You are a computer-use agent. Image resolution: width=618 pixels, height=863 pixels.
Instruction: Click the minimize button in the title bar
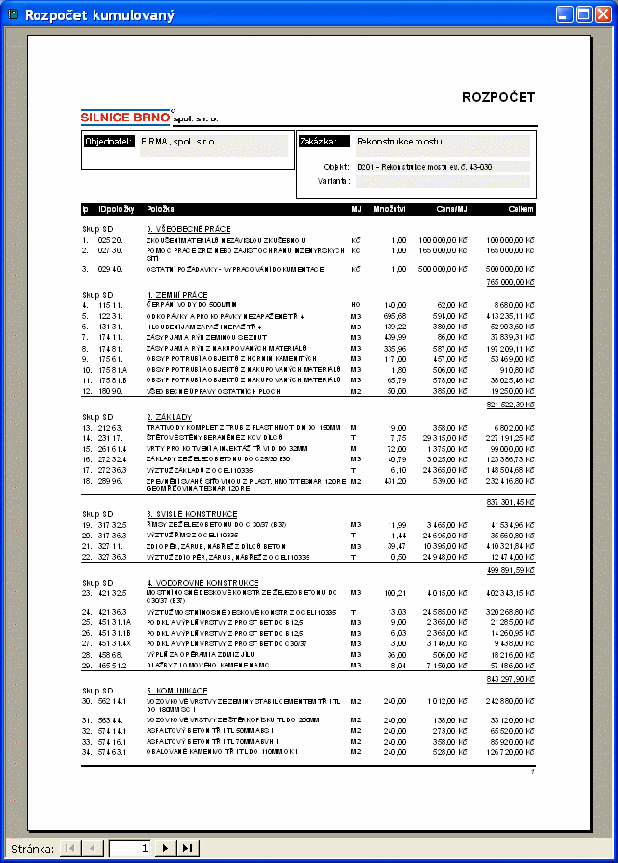(564, 14)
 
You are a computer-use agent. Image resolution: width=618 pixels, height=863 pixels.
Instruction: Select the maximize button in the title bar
(585, 14)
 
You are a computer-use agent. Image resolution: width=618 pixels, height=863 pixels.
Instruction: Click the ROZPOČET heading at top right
(498, 97)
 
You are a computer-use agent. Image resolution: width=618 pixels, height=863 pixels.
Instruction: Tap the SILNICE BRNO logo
(125, 117)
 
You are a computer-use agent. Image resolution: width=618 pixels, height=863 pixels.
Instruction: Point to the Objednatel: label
(109, 141)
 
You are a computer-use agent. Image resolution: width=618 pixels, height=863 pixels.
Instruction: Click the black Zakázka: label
(318, 141)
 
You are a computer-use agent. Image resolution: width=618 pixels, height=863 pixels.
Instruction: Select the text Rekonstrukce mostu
(399, 141)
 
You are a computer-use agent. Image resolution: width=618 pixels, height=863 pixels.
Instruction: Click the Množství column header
(390, 209)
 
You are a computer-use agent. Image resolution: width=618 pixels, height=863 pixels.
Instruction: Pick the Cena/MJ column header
(451, 209)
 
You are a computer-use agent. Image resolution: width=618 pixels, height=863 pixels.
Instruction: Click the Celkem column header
(520, 209)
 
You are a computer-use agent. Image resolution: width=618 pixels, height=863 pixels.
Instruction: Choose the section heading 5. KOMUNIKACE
(178, 690)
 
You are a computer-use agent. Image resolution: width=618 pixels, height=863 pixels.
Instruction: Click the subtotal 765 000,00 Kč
(511, 282)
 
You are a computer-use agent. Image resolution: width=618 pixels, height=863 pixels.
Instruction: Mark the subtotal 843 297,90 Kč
(511, 679)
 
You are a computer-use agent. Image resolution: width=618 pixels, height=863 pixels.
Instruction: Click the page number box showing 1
(130, 848)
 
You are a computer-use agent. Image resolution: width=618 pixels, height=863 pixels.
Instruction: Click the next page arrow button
(165, 848)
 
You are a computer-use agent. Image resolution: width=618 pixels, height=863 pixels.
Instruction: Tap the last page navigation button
(188, 848)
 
